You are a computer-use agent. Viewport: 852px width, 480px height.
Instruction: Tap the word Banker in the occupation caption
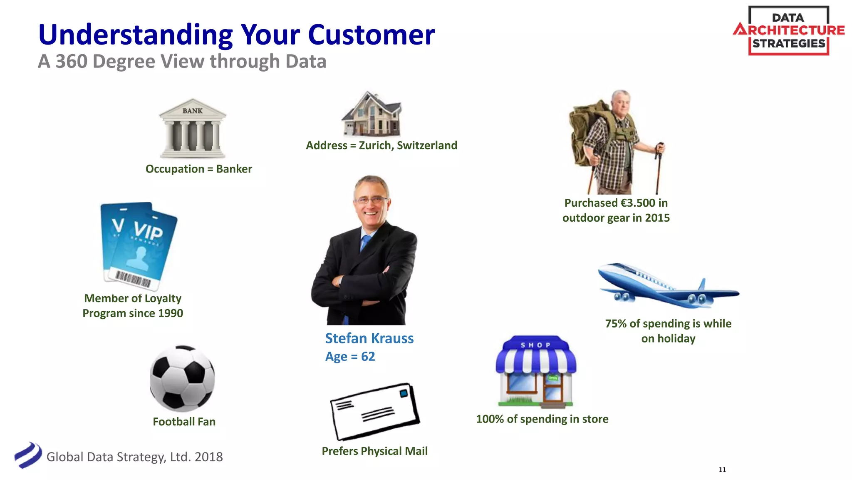[234, 169]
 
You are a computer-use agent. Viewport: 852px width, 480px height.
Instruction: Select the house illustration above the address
[372, 114]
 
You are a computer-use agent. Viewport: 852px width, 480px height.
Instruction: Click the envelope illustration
[374, 412]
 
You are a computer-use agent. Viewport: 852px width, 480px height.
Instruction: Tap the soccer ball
[182, 378]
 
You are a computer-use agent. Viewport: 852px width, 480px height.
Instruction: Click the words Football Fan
[184, 422]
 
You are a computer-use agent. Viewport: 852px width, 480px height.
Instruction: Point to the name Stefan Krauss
[369, 338]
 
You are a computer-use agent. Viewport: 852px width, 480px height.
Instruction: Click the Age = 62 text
[350, 357]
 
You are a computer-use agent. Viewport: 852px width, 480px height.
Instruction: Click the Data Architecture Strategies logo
[788, 30]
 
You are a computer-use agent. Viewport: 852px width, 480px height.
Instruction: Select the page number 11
[722, 470]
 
